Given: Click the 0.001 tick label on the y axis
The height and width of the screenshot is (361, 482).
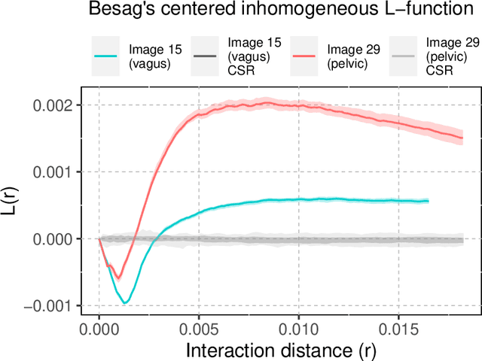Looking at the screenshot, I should [x=55, y=172].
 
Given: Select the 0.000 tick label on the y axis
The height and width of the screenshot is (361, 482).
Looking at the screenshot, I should [x=55, y=239].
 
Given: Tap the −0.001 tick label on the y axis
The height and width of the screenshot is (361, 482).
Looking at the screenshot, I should [x=50, y=306].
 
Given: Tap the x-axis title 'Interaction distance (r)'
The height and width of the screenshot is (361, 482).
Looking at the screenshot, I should [x=280, y=350].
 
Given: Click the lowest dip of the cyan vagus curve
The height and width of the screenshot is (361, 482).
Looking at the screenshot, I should [x=125, y=302].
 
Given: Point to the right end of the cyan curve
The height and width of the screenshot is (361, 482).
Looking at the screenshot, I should [x=428, y=201].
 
